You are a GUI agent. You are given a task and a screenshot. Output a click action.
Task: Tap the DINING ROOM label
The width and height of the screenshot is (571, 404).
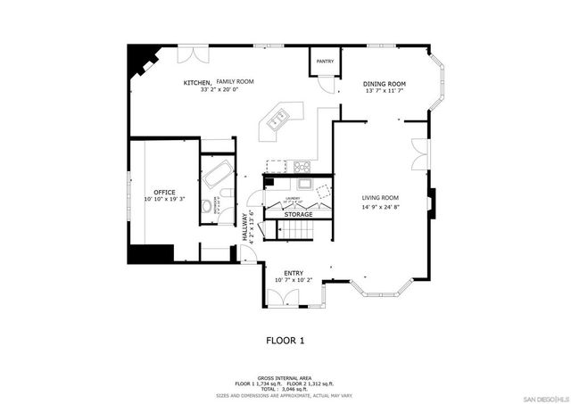pyautogui.click(x=385, y=84)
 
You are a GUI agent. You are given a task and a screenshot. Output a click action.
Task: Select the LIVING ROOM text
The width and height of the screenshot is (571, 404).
pyautogui.click(x=380, y=198)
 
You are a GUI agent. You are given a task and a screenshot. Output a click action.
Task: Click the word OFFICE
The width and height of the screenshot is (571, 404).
pyautogui.click(x=164, y=192)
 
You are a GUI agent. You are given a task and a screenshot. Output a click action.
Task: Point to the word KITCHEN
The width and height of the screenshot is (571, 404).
pyautogui.click(x=196, y=82)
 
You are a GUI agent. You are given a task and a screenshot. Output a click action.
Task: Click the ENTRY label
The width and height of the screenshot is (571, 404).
pyautogui.click(x=294, y=273)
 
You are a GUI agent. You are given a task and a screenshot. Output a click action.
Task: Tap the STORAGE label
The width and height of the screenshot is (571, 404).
pyautogui.click(x=298, y=215)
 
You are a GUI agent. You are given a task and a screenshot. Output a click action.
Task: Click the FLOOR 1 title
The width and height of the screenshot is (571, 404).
pyautogui.click(x=285, y=340)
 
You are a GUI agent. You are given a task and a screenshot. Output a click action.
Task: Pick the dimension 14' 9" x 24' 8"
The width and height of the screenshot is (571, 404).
pyautogui.click(x=380, y=207)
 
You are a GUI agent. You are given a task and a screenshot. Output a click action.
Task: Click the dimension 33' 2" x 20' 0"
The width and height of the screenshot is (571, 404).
pyautogui.click(x=219, y=90)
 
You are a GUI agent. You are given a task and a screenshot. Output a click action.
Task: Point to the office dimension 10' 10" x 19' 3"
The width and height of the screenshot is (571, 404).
pyautogui.click(x=164, y=200)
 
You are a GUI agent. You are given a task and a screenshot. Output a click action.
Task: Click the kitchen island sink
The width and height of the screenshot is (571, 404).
pyautogui.click(x=277, y=117)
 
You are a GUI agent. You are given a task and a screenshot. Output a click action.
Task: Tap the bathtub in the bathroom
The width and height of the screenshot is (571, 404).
pyautogui.click(x=215, y=173)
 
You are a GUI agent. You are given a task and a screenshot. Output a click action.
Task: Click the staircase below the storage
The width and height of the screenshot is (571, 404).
pyautogui.click(x=297, y=232)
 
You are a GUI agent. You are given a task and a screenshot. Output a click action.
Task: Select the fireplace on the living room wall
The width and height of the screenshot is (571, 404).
pyautogui.click(x=431, y=203)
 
